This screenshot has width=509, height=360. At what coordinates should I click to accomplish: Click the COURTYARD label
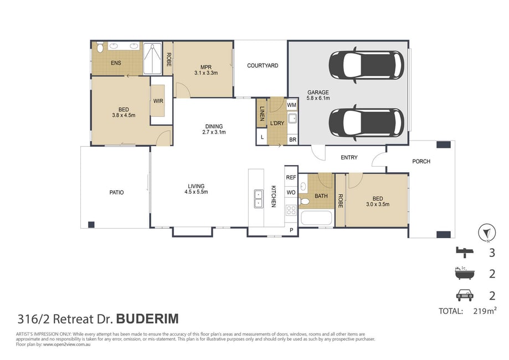click(x=263, y=65)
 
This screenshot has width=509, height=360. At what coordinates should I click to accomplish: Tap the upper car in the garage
click(x=367, y=65)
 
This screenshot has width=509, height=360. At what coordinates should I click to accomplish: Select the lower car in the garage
click(x=367, y=123)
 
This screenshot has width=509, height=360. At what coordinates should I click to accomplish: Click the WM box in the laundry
click(x=291, y=105)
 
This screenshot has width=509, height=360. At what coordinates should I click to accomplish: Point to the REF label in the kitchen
click(x=291, y=178)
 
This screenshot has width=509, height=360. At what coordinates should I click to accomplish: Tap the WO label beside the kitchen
click(x=291, y=193)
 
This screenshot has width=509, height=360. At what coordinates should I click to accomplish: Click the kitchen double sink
click(x=259, y=199)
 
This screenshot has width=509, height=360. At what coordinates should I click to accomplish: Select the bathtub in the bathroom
click(x=316, y=218)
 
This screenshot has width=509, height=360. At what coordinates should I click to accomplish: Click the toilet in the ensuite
click(x=100, y=47)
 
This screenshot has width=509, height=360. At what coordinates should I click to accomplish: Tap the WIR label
click(x=158, y=101)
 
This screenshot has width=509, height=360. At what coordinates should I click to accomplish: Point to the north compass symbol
click(x=487, y=233)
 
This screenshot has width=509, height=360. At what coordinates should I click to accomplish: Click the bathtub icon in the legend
click(x=464, y=274)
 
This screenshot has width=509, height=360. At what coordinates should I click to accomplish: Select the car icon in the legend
click(x=465, y=295)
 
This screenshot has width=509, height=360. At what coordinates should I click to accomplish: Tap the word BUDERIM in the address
click(x=147, y=319)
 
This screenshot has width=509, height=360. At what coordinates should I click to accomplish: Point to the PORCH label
click(x=421, y=161)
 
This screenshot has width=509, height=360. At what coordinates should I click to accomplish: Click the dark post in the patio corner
click(x=91, y=224)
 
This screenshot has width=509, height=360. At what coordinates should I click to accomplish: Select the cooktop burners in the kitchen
click(x=291, y=210)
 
